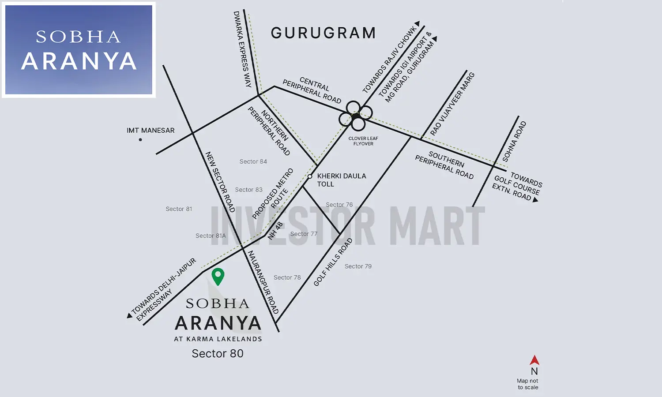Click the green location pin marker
pos(218,276)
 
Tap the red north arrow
pos(534,360)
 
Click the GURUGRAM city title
pos(323,33)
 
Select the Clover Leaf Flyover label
pos(363,141)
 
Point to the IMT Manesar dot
pos(140,140)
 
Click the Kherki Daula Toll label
pos(341,180)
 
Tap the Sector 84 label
pos(253,162)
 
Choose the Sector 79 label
pos(358,266)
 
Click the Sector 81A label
pos(211,236)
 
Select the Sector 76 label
pos(339,205)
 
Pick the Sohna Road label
pos(514,141)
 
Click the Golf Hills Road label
pos(333,262)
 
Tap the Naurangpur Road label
pos(263,282)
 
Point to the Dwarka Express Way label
pos(242,49)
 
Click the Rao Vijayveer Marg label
pos(452,104)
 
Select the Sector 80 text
pos(218,354)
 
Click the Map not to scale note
pos(527,384)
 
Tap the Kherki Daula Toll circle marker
pos(310,176)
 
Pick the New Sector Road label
pos(220,182)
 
